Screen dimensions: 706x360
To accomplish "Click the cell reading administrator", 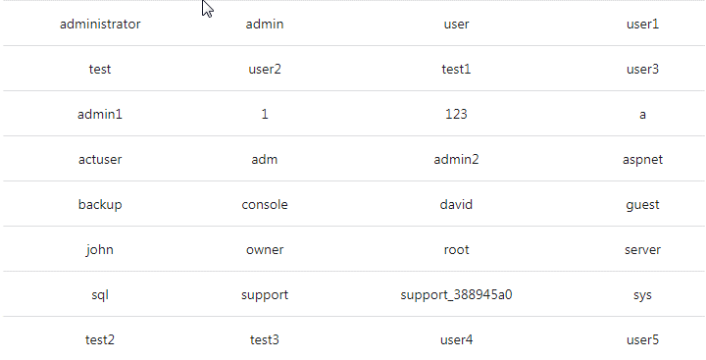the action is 100,24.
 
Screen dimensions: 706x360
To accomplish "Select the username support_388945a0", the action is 456,294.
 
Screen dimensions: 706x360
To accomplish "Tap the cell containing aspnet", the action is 642,159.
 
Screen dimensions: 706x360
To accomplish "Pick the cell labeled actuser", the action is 100,159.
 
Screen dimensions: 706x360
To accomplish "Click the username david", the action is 456,204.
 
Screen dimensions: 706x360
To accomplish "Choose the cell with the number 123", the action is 456,114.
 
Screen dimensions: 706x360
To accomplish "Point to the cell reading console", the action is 265,204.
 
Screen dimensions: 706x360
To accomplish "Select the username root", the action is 456,249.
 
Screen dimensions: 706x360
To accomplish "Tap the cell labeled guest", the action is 642,204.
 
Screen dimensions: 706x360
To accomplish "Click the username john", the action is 100,249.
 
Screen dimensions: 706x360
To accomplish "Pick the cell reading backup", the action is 100,204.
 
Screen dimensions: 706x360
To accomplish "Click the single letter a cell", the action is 642,114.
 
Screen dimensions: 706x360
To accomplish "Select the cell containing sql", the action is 100,294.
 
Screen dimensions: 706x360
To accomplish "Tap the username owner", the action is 265,249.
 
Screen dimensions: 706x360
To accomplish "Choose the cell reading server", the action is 642,249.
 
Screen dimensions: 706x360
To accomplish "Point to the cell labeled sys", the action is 642,294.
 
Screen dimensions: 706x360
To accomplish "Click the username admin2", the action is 456,159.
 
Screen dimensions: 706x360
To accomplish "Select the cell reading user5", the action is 642,339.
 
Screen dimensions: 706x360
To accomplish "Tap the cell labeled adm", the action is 265,159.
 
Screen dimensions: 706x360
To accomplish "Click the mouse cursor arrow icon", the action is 207,9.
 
